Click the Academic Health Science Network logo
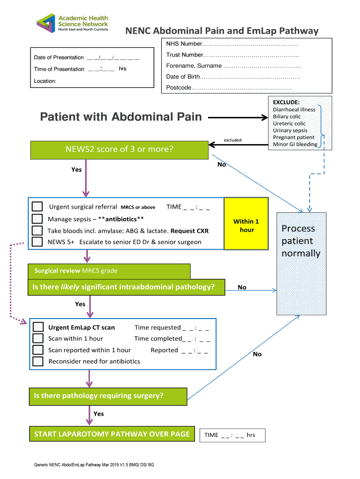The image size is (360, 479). pos(72,22)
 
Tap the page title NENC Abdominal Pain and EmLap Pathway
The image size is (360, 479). pos(221,31)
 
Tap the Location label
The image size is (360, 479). pos(45,81)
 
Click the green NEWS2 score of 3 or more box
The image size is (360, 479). pos(119,150)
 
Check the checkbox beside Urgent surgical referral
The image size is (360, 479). pos(37,207)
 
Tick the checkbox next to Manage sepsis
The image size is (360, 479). pos(37,219)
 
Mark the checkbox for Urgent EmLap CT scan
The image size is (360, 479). pos(38,327)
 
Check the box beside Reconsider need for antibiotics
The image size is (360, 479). pos(38,361)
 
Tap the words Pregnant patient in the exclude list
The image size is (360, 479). pos(294,138)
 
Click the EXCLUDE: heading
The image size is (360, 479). pos(286,102)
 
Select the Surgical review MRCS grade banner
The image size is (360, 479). pos(109,271)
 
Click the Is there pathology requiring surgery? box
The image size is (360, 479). pos(108,396)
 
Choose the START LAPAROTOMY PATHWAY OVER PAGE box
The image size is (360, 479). pos(112,435)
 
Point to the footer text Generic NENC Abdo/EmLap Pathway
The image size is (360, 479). pos(94,465)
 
